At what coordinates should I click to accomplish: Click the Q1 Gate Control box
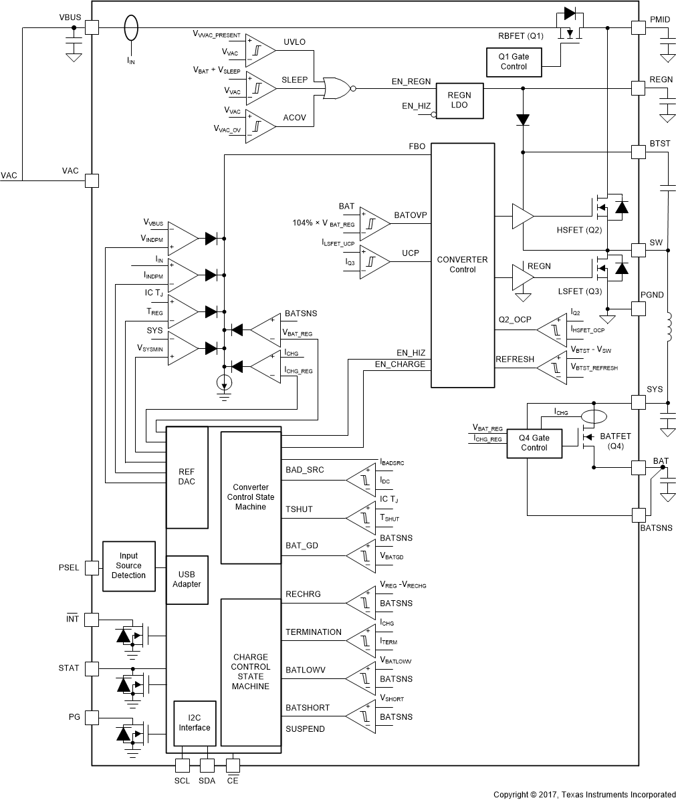pyautogui.click(x=514, y=61)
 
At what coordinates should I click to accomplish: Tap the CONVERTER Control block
pyautogui.click(x=462, y=265)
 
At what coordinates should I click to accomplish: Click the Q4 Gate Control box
pyautogui.click(x=534, y=442)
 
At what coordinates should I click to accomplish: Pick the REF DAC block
pyautogui.click(x=187, y=477)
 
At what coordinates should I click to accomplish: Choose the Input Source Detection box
pyautogui.click(x=128, y=565)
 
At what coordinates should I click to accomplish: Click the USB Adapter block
pyautogui.click(x=189, y=579)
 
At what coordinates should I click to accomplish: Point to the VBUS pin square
pyautogui.click(x=91, y=27)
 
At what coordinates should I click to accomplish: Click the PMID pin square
pyautogui.click(x=639, y=27)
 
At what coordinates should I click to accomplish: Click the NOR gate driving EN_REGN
pyautogui.click(x=336, y=88)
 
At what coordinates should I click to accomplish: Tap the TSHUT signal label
pyautogui.click(x=299, y=510)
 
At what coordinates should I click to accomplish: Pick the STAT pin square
pyautogui.click(x=91, y=668)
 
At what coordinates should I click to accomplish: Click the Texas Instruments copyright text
pyautogui.click(x=584, y=794)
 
